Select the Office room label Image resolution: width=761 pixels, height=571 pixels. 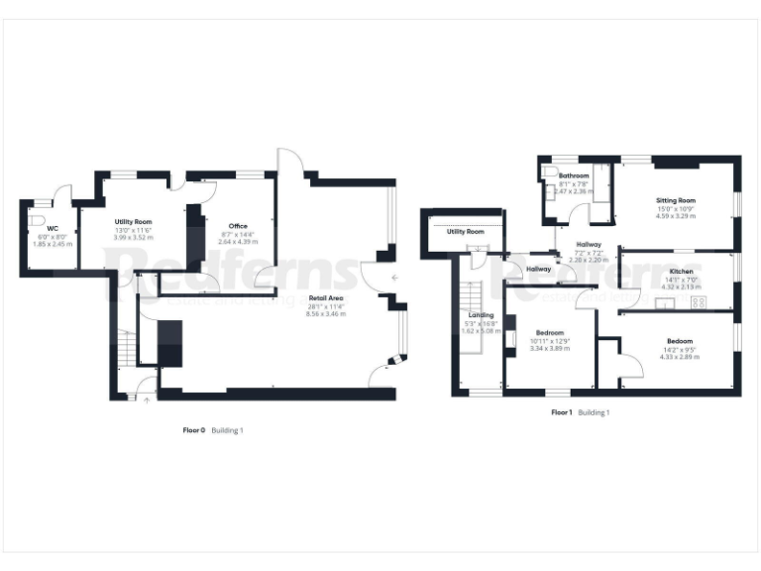tap(238, 226)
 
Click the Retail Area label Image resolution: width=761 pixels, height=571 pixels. tap(327, 297)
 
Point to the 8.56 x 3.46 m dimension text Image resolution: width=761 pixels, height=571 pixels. tap(327, 313)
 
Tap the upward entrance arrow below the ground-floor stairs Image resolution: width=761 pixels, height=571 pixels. tap(147, 400)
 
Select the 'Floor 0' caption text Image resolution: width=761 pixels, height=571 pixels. tap(193, 430)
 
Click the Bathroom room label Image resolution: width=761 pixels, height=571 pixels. tap(574, 175)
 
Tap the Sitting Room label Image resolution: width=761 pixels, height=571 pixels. tap(675, 200)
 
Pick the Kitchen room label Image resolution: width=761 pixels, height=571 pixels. tap(681, 271)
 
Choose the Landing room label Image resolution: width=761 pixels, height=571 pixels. tap(482, 314)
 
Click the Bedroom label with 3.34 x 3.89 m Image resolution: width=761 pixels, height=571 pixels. tap(550, 333)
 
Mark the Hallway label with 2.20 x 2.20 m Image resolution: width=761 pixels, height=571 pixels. tap(589, 244)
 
